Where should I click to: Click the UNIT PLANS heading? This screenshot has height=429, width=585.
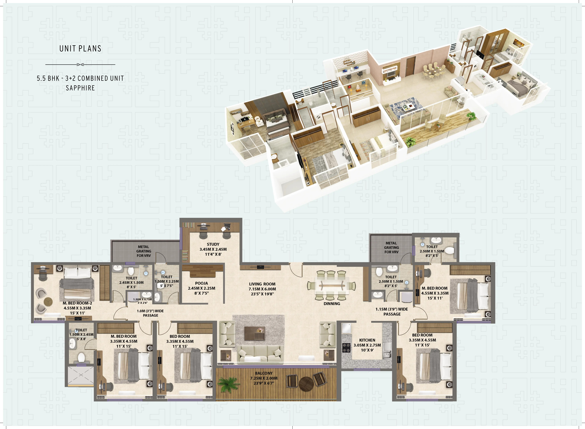[80, 49]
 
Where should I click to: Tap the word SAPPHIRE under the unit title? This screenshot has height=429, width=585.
[80, 88]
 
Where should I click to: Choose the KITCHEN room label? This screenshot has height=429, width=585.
[367, 340]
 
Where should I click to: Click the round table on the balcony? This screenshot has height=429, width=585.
[306, 383]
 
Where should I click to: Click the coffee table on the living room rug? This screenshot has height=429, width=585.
[255, 333]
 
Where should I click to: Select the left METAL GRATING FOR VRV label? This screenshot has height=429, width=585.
[144, 251]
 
